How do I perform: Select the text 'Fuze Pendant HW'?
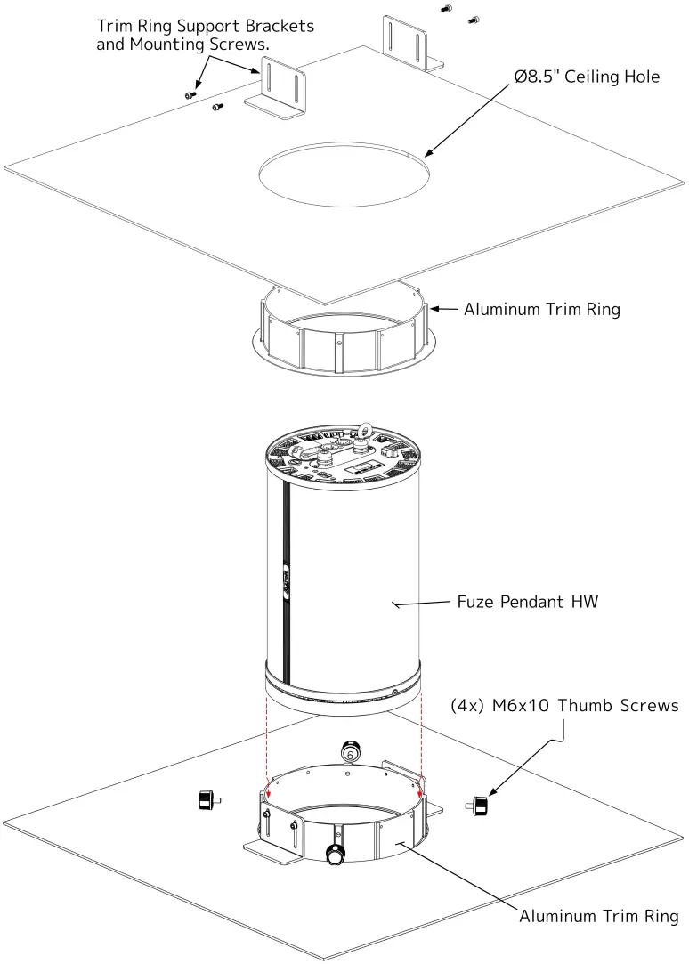click(527, 602)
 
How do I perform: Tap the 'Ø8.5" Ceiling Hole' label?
click(587, 77)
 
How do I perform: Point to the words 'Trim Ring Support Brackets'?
click(205, 26)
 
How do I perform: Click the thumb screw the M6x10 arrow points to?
click(479, 806)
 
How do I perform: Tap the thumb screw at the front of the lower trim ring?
click(336, 855)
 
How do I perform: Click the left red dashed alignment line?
click(268, 739)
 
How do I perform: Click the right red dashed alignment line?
click(421, 739)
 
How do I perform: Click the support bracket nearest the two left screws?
click(280, 86)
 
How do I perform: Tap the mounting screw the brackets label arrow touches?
click(190, 94)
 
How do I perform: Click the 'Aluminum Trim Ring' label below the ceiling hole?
click(541, 310)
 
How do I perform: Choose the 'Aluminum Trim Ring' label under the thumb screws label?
click(598, 916)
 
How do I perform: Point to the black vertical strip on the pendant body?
click(286, 579)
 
